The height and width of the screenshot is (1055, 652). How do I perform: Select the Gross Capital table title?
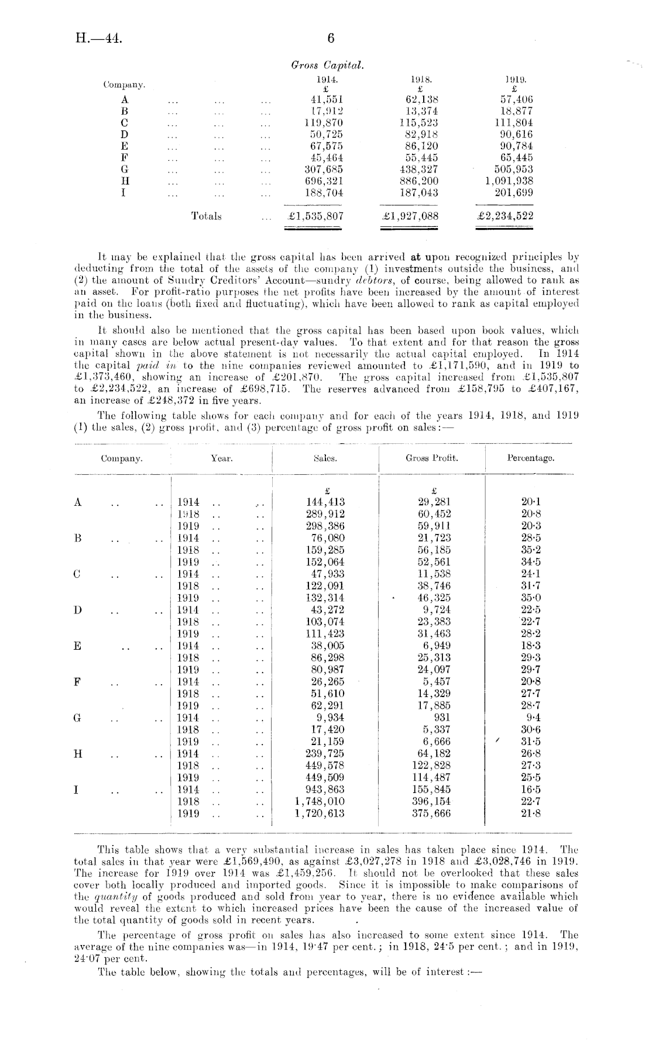point(327,66)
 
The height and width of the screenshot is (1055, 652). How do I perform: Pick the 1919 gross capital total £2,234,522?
point(505,216)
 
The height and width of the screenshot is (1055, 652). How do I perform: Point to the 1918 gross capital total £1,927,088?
point(410,216)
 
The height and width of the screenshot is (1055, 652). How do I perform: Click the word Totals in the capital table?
point(207,216)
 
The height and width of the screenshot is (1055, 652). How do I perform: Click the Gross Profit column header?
point(432,458)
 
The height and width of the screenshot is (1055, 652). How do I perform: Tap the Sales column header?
point(325,458)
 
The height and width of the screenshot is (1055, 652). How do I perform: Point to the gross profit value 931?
point(442,718)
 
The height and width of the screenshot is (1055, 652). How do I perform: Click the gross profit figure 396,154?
point(431,801)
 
